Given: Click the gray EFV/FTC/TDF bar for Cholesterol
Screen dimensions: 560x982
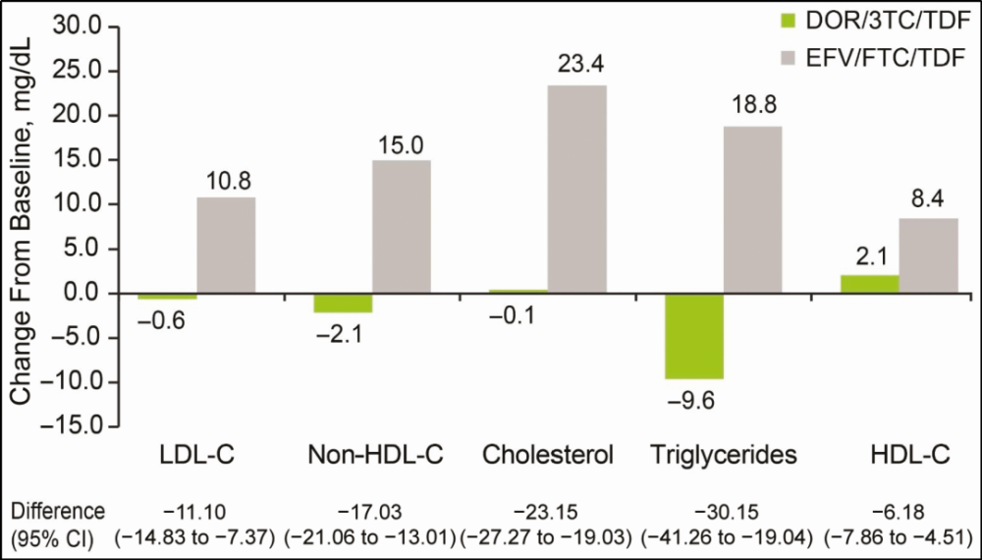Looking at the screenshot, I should tap(577, 189).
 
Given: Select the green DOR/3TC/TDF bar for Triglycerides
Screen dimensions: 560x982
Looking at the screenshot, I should tap(694, 336).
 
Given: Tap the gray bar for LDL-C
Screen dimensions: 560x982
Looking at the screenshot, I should tap(226, 246).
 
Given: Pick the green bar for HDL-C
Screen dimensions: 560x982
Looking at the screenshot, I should tap(870, 284).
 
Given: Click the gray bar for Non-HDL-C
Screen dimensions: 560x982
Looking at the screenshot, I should tap(402, 227).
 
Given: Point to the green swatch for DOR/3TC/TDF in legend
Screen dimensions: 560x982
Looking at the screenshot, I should tap(782, 19).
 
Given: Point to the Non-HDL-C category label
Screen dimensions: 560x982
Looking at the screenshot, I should tap(376, 455).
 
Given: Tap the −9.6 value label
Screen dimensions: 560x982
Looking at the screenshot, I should tap(693, 400).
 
